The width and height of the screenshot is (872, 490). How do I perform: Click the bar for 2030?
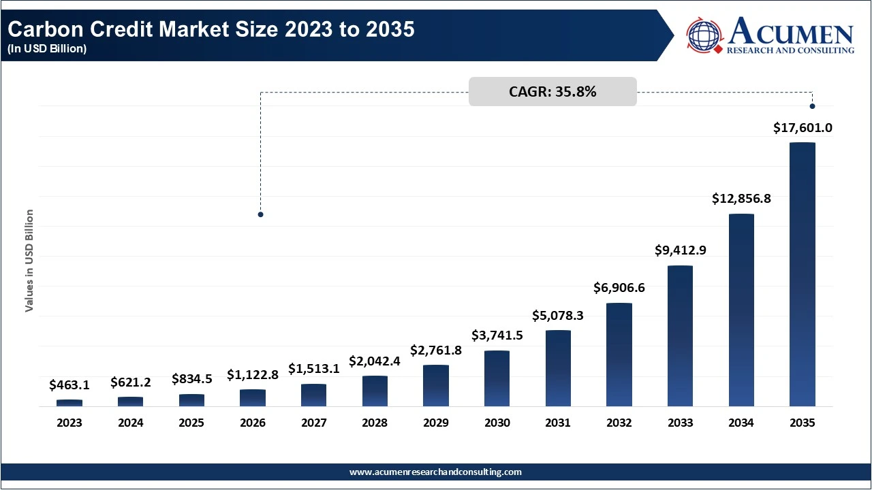click(x=497, y=378)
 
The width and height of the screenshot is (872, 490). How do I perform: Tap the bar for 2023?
click(x=69, y=403)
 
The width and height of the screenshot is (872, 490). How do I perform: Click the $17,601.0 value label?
click(x=803, y=127)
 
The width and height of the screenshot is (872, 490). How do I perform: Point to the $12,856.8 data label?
click(x=741, y=199)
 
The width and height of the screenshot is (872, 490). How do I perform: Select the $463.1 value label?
click(x=69, y=385)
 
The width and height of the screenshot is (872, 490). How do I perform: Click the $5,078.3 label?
click(x=558, y=315)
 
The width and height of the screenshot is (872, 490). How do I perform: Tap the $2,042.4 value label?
click(x=375, y=361)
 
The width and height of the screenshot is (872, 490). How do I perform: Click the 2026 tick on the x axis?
click(x=253, y=423)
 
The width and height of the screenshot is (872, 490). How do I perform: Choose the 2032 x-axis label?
click(x=619, y=423)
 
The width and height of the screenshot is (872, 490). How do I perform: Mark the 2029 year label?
click(x=436, y=423)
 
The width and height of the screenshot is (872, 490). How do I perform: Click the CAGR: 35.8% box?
click(x=552, y=92)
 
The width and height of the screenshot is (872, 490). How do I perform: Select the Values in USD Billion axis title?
click(x=29, y=261)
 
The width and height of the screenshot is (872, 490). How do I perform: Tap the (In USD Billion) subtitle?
click(x=48, y=49)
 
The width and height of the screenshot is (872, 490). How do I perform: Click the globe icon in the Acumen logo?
click(x=704, y=35)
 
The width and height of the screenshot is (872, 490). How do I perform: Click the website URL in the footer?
click(x=435, y=472)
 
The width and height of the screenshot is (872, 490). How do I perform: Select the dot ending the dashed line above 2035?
click(x=812, y=106)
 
